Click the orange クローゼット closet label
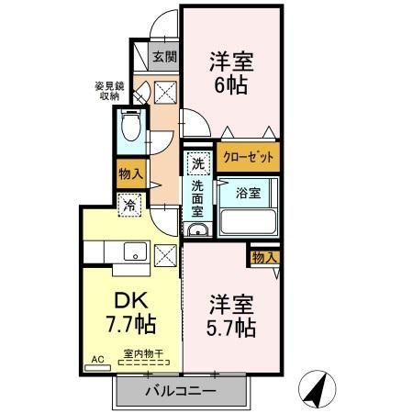(x=248, y=158)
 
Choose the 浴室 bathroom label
(x=249, y=194)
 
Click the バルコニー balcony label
(x=180, y=392)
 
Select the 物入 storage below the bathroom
(x=262, y=258)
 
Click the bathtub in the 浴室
(x=248, y=220)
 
